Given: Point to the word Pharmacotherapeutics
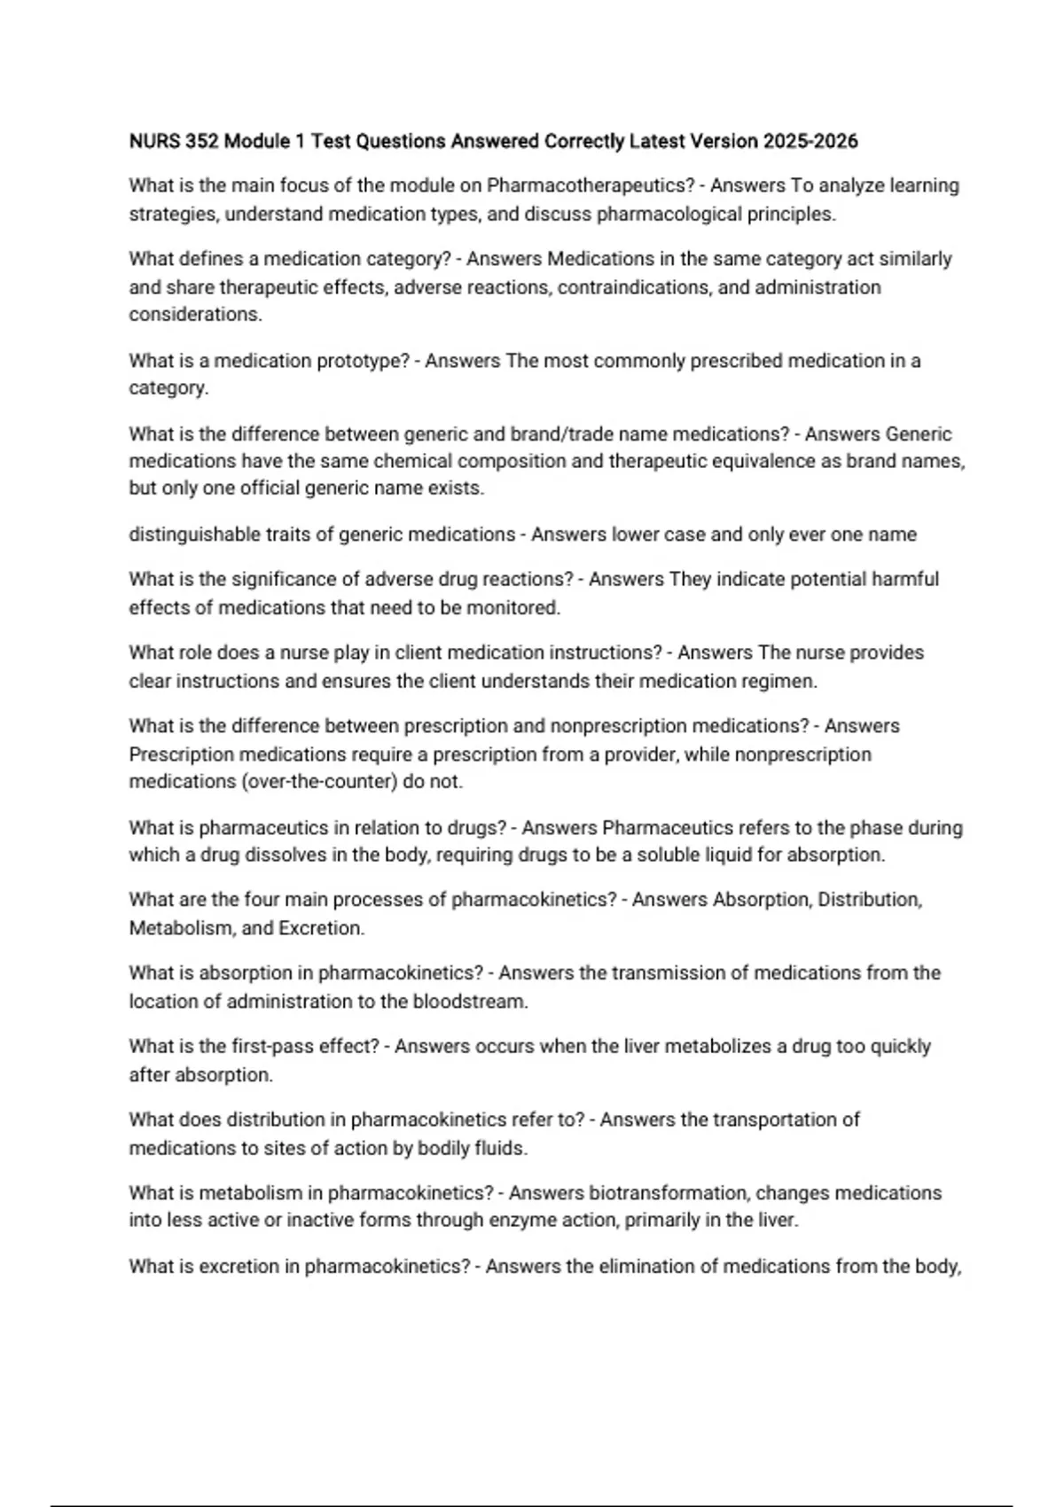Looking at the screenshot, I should tap(591, 186).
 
